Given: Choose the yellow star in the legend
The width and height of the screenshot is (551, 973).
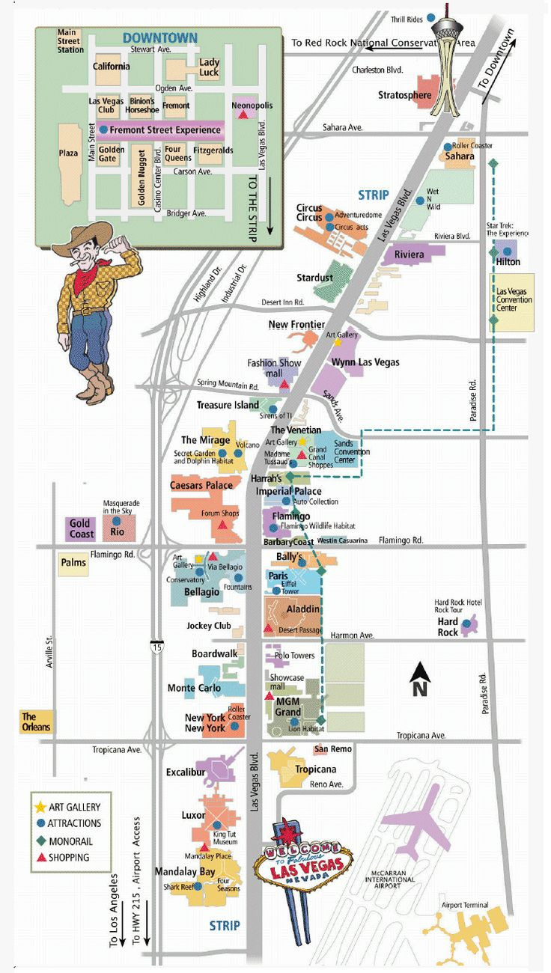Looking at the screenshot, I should pyautogui.click(x=40, y=808).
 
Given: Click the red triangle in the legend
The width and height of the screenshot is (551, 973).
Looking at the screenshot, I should pyautogui.click(x=40, y=858).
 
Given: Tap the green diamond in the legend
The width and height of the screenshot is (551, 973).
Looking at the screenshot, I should pyautogui.click(x=40, y=841).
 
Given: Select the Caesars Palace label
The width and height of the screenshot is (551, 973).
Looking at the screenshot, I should pyautogui.click(x=201, y=486).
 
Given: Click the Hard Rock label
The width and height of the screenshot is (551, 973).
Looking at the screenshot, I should pyautogui.click(x=448, y=627).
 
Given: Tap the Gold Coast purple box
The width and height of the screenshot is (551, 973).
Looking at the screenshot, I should pyautogui.click(x=80, y=528).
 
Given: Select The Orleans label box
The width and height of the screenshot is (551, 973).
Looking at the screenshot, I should pyautogui.click(x=36, y=722).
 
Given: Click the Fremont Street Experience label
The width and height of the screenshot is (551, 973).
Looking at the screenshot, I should pyautogui.click(x=165, y=130).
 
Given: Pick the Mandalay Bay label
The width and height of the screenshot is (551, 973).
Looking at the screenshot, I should pyautogui.click(x=185, y=871).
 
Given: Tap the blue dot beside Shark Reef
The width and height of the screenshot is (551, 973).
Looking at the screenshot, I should pyautogui.click(x=200, y=887).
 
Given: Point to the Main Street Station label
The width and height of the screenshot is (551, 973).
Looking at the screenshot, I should pyautogui.click(x=71, y=40).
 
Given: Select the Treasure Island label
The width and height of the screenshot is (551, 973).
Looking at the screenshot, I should pyautogui.click(x=228, y=405).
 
